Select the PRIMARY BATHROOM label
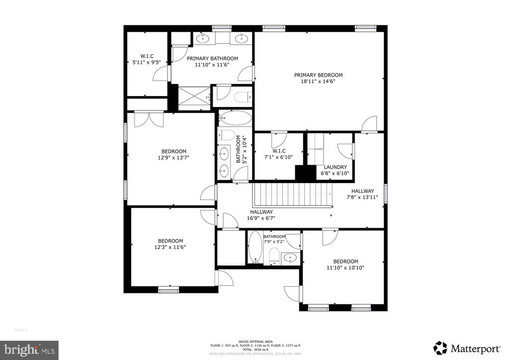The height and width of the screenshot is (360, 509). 212,58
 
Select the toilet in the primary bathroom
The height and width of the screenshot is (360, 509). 244,96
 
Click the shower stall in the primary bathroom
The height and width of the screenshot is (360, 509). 193,96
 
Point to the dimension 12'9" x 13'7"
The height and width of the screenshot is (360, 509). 173,158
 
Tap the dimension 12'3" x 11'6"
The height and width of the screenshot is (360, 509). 170,247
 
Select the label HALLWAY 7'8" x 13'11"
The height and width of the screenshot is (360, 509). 362,194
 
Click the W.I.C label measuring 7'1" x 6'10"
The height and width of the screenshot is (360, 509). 278,154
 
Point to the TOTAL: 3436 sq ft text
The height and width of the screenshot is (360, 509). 254,350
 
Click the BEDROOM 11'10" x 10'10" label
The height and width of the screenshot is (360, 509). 345,265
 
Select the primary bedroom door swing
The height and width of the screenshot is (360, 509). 370,124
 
